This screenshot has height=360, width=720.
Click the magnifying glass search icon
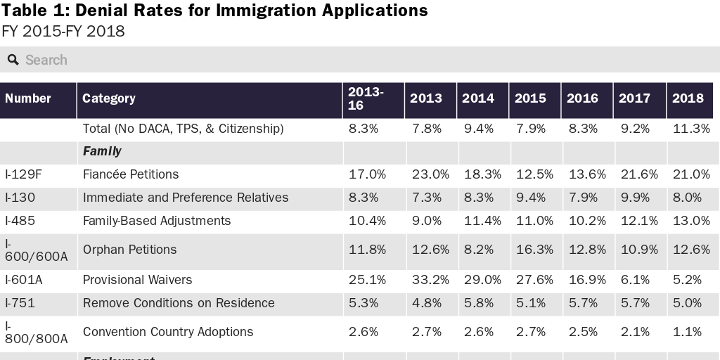point(13,60)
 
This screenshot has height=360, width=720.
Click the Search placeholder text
point(46,60)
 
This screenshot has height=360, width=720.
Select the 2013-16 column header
point(366,98)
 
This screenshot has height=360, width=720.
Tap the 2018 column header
point(687,98)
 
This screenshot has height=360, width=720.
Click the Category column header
point(109,98)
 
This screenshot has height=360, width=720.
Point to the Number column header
point(28,98)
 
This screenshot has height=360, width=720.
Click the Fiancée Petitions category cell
point(131,174)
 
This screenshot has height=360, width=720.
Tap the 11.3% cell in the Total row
point(690,129)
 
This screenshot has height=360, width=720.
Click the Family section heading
point(102,151)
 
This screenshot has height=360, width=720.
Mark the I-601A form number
point(24,280)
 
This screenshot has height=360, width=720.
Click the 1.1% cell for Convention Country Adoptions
point(687,332)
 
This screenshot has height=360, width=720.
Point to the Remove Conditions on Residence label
point(179,303)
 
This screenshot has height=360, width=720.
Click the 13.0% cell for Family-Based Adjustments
point(690,221)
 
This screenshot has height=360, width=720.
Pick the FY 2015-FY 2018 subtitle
point(63,32)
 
